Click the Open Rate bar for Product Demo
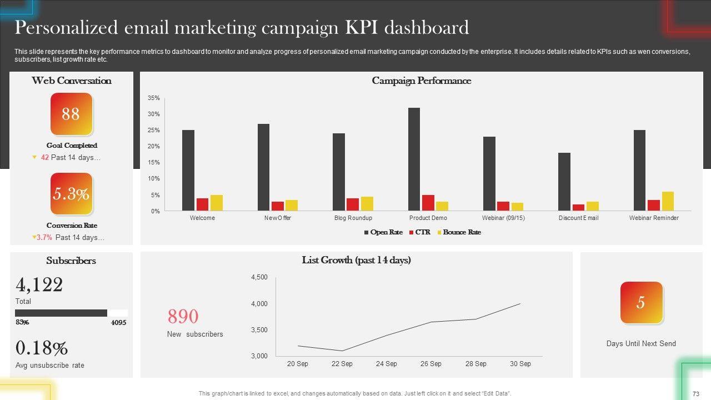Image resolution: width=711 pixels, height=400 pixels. click(x=414, y=159)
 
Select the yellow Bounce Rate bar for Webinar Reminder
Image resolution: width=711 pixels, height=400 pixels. click(x=668, y=202)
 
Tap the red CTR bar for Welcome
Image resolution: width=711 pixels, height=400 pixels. click(x=202, y=204)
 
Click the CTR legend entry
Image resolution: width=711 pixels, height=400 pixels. click(x=419, y=232)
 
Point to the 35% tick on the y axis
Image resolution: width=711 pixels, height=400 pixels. click(x=153, y=98)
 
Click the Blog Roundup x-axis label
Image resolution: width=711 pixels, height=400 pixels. click(x=353, y=218)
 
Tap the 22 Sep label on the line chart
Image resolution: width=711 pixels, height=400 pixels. click(x=342, y=364)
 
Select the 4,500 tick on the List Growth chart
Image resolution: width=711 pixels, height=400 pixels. click(x=259, y=277)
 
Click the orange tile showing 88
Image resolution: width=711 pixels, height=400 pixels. click(x=71, y=114)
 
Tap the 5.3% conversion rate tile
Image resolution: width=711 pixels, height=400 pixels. click(x=71, y=194)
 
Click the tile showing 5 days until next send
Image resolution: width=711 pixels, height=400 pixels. click(x=641, y=303)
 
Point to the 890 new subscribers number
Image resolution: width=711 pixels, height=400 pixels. click(x=183, y=317)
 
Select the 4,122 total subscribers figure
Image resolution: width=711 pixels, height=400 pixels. click(x=39, y=285)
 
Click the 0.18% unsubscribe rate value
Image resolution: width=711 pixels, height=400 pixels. click(x=41, y=348)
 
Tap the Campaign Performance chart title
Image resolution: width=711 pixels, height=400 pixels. click(x=421, y=81)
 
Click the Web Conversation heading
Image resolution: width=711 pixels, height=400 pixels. click(x=71, y=81)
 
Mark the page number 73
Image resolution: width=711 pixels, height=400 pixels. click(x=695, y=393)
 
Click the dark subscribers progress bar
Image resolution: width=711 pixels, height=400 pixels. click(x=61, y=313)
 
